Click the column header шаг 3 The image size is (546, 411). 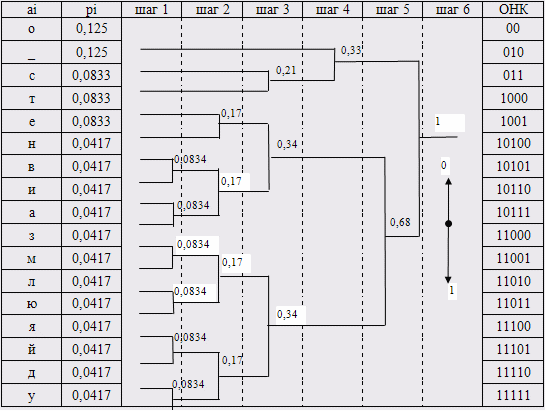tap(272, 10)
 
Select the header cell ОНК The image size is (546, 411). tap(513, 9)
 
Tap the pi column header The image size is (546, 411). tap(91, 10)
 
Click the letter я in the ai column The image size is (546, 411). tap(31, 327)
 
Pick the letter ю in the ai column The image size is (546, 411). tap(31, 304)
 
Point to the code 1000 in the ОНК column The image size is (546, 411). tap(514, 99)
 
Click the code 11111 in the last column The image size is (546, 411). tap(513, 395)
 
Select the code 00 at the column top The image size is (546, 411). tap(513, 28)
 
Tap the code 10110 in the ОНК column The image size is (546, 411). tap(513, 189)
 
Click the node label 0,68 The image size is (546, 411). tap(400, 222)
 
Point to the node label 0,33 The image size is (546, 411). tap(351, 51)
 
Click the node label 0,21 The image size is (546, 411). tap(286, 70)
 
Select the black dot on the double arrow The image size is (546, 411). tap(448, 224)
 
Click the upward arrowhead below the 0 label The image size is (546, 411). tap(448, 181)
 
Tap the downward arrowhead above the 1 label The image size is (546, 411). tap(448, 280)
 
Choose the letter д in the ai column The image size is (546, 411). tap(31, 373)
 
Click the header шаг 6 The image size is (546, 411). tap(452, 10)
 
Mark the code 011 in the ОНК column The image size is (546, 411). tap(513, 75)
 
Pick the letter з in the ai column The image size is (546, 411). tap(31, 236)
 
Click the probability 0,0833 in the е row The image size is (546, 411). tap(91, 121)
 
